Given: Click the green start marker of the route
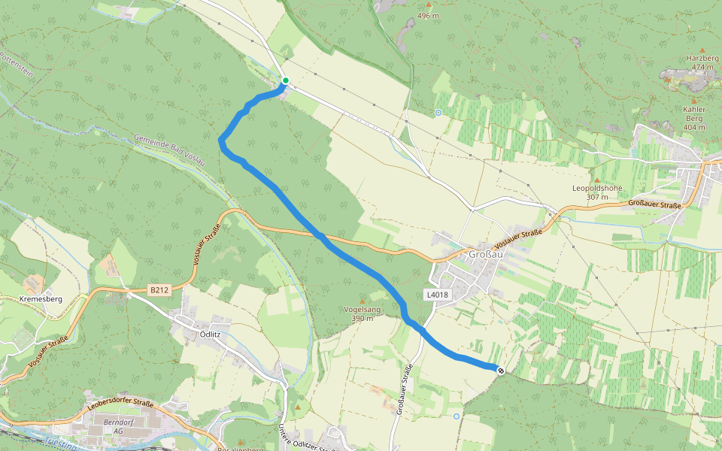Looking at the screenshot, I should tap(286, 80).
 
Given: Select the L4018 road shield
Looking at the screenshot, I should tap(437, 295).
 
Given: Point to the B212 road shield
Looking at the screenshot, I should tap(159, 289).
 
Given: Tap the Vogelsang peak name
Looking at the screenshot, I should tap(362, 309).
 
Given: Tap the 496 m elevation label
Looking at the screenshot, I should tap(428, 16).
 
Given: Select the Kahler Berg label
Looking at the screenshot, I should tap(694, 114).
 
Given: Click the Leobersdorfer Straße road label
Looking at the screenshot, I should tap(120, 404).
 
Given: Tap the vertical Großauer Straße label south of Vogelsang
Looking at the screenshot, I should tap(403, 389).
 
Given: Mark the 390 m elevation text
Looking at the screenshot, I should tap(362, 319).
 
